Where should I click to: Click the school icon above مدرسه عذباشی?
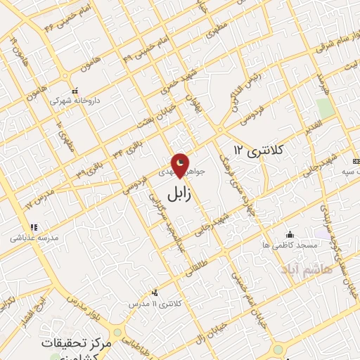point(33,227)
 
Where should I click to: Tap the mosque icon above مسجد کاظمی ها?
point(289,234)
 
